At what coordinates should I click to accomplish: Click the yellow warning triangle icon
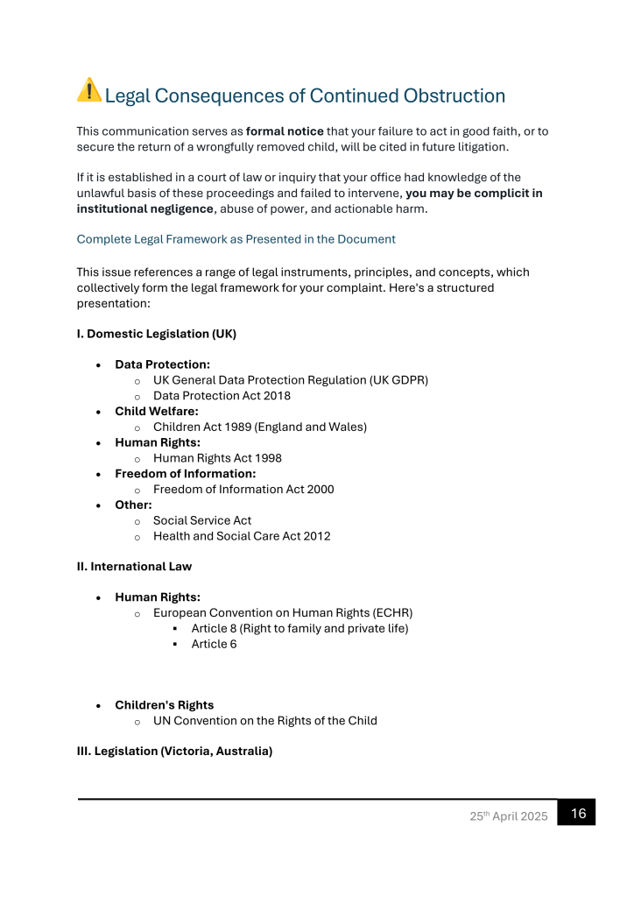[89, 90]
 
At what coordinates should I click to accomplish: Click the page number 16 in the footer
[578, 814]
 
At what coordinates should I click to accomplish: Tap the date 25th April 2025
[509, 816]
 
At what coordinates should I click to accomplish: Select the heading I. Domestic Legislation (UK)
[157, 334]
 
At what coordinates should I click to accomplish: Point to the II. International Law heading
[134, 566]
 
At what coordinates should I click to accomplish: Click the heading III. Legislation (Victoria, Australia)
[174, 751]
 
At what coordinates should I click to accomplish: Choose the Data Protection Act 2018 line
[222, 396]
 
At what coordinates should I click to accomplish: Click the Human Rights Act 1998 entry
[217, 458]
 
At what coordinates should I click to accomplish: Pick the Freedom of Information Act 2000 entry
[243, 490]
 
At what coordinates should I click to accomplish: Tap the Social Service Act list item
[202, 520]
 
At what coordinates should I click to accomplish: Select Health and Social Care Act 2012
[242, 536]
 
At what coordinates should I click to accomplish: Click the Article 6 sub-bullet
[214, 645]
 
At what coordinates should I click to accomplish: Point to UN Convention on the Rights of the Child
[265, 721]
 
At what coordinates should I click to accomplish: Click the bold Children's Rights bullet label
[164, 705]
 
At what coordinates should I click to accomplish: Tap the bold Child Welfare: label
[157, 412]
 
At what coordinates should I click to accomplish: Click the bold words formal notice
[285, 131]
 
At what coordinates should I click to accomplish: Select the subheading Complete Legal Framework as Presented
[236, 239]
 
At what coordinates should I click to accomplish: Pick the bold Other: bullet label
[133, 505]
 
